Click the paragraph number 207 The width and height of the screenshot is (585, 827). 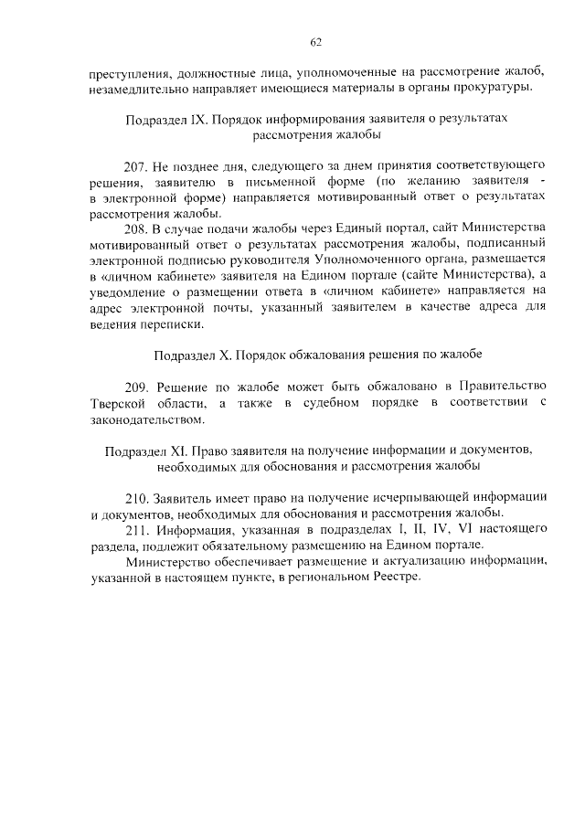click(136, 167)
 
